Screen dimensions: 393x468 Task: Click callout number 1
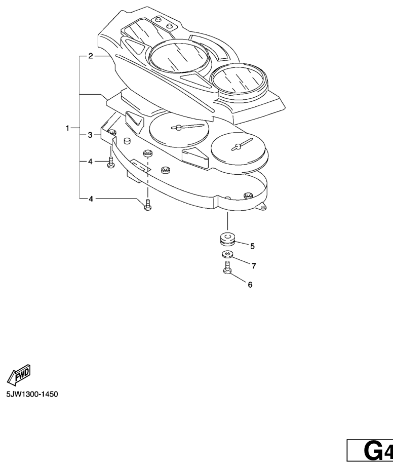click(x=67, y=128)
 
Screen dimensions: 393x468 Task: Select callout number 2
click(x=91, y=56)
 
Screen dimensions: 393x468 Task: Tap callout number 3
click(x=91, y=135)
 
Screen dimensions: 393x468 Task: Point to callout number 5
click(x=252, y=246)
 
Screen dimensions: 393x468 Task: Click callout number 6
click(x=250, y=285)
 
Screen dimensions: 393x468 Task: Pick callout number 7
click(x=254, y=265)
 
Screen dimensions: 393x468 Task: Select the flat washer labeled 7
click(x=227, y=254)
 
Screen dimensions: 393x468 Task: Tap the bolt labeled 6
click(x=227, y=267)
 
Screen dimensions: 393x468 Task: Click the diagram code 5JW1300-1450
click(x=32, y=394)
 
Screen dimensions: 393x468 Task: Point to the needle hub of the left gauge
click(x=178, y=128)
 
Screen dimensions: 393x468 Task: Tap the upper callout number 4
click(x=91, y=162)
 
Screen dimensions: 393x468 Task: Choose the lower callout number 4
click(x=91, y=199)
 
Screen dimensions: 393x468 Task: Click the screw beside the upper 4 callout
click(x=111, y=163)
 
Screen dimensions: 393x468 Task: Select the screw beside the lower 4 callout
click(x=147, y=205)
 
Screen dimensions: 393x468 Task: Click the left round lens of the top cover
click(x=178, y=55)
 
